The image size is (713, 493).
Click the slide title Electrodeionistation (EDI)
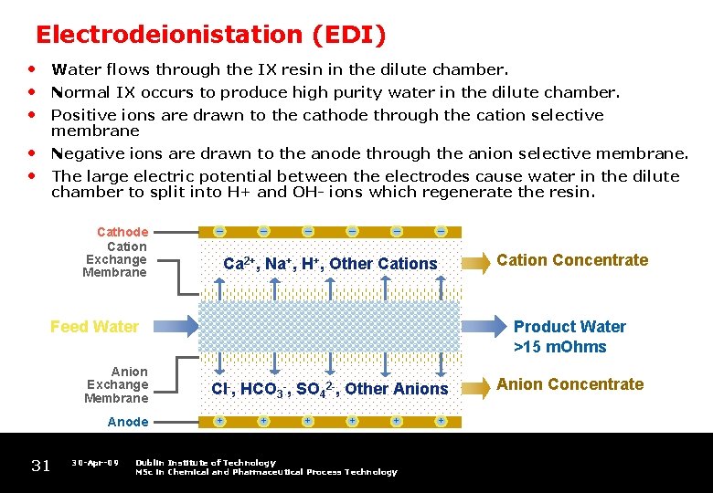tap(210, 35)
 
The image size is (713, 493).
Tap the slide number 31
tap(41, 466)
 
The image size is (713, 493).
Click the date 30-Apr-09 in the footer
tap(95, 463)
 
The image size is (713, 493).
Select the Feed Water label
tap(94, 327)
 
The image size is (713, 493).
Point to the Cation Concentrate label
tap(572, 260)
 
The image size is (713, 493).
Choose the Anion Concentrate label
tap(570, 384)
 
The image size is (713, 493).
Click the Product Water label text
tap(569, 327)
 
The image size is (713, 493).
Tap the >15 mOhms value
tap(560, 346)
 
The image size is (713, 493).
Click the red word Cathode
tap(122, 233)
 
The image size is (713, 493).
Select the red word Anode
tap(127, 422)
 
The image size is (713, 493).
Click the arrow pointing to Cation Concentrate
tap(474, 263)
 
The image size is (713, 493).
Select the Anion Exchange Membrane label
tap(116, 384)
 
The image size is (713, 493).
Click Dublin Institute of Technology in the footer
tap(205, 463)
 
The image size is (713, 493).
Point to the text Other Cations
tap(383, 264)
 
